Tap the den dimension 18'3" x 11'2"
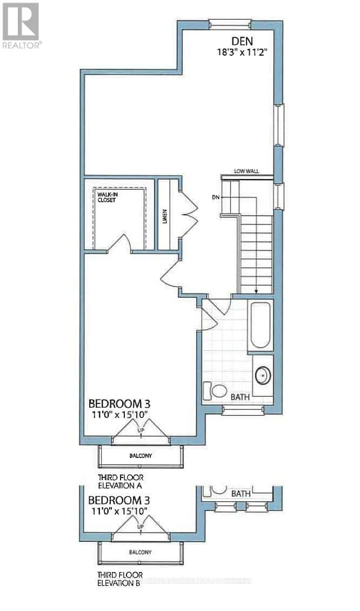point(243,52)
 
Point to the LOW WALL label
point(246,171)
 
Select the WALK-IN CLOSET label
point(108,196)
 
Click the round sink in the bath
point(263,374)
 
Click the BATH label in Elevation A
point(240,397)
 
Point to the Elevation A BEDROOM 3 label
point(119,403)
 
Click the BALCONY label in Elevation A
point(141,455)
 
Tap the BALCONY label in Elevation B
point(141,552)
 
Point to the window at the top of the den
point(230,23)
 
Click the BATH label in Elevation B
point(240,494)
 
